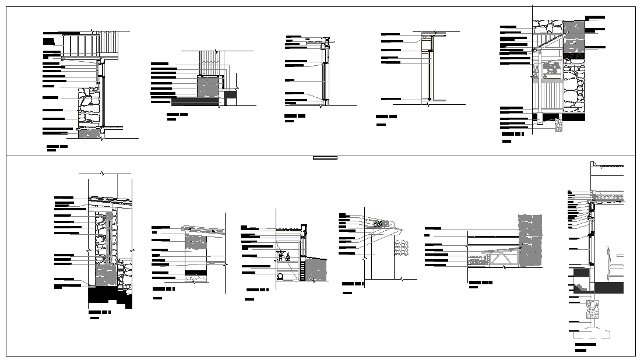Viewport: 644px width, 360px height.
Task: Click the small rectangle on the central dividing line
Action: pos(325,157)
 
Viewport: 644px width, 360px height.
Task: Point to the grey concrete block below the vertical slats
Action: pos(209,87)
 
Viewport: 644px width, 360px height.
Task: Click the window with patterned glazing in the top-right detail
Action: pos(550,69)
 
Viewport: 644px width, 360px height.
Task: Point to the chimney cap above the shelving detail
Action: pos(303,227)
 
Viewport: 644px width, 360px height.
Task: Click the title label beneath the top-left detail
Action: pos(57,146)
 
